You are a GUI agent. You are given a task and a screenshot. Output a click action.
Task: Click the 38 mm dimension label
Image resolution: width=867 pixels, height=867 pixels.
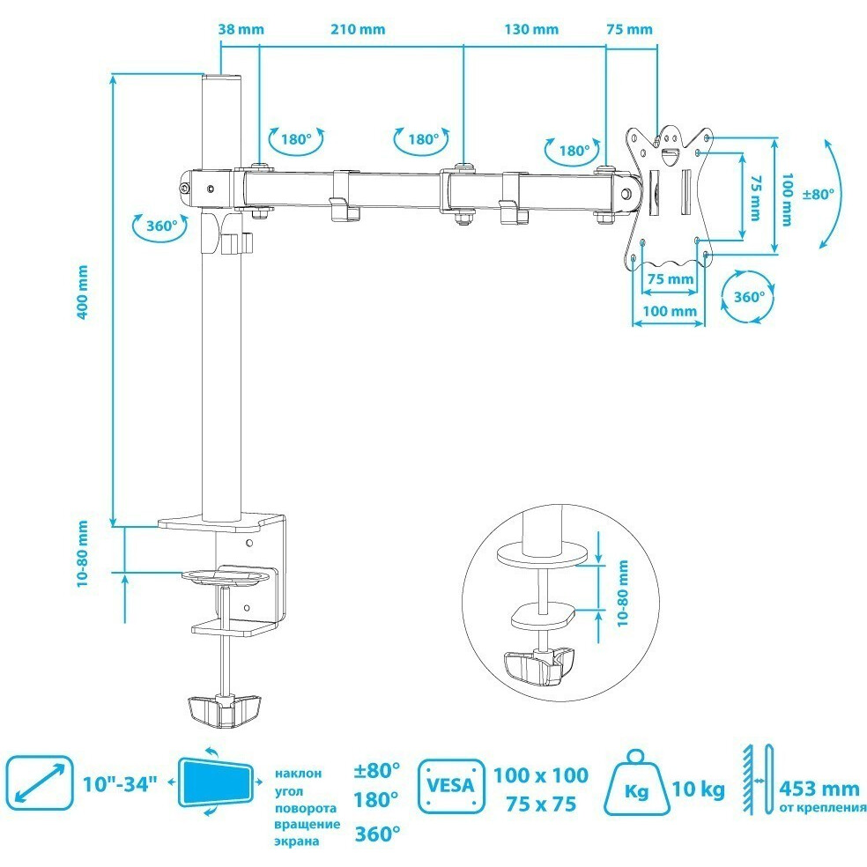pyautogui.click(x=241, y=29)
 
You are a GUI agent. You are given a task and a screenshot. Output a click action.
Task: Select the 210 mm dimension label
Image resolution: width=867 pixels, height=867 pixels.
pyautogui.click(x=359, y=29)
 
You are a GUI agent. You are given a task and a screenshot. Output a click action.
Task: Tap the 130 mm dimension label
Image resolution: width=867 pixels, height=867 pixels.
pyautogui.click(x=532, y=29)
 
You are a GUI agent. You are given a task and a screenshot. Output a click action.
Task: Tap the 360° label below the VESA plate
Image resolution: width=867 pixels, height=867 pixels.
pyautogui.click(x=749, y=297)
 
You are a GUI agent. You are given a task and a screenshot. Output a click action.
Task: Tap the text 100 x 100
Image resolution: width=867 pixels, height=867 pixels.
pyautogui.click(x=540, y=775)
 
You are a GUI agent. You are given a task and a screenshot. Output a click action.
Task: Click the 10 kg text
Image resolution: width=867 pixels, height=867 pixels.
pyautogui.click(x=698, y=789)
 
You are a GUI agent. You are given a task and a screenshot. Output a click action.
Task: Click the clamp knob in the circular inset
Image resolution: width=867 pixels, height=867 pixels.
pyautogui.click(x=538, y=667)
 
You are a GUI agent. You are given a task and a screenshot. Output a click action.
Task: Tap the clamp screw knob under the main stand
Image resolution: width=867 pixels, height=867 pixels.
pyautogui.click(x=225, y=710)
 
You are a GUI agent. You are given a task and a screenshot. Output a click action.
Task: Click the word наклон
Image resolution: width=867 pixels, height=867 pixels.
pyautogui.click(x=298, y=773)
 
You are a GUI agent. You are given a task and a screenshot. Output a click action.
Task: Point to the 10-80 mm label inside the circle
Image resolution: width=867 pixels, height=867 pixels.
pyautogui.click(x=623, y=593)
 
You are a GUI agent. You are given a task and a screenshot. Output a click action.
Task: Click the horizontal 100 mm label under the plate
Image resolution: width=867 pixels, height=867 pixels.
pyautogui.click(x=670, y=311)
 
